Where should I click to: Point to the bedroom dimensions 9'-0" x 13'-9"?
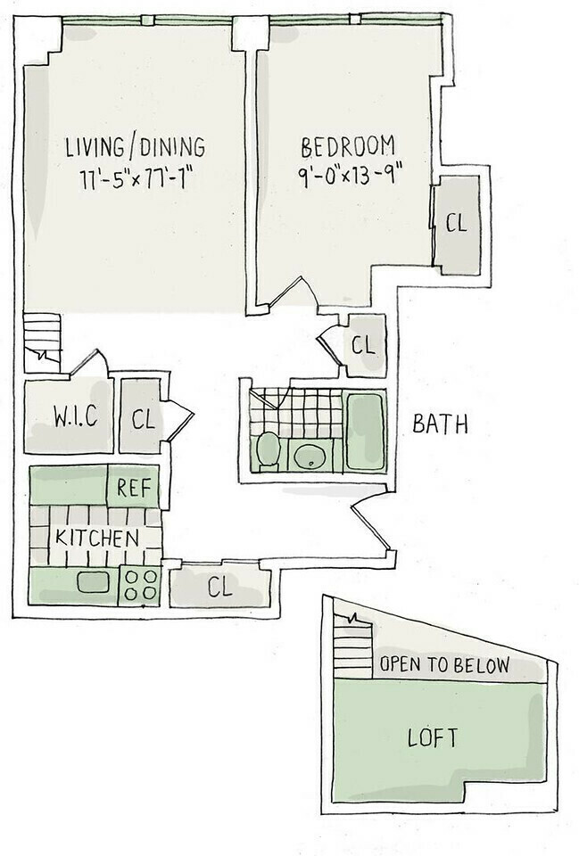[x=348, y=174]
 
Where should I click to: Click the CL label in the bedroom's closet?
[x=456, y=223]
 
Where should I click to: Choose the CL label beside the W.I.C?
[x=143, y=418]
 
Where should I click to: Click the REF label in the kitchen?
[x=132, y=488]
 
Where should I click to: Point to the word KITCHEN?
[x=96, y=539]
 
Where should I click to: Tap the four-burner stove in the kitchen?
[x=140, y=585]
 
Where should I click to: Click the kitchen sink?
[x=91, y=582]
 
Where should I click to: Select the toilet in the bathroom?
[x=268, y=450]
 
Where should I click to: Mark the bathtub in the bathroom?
[x=365, y=431]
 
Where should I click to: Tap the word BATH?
[x=440, y=424]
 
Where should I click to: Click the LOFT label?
[x=433, y=738]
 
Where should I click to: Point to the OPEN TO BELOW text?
[x=444, y=665]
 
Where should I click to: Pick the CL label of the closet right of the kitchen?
[x=219, y=588]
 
